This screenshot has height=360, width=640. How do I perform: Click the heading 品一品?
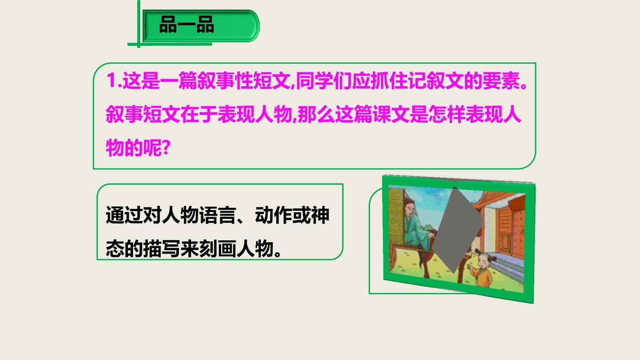(x=186, y=25)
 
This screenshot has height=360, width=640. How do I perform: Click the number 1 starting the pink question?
(x=111, y=81)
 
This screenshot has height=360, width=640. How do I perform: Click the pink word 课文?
(x=390, y=114)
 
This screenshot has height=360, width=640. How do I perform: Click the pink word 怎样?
(x=446, y=114)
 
